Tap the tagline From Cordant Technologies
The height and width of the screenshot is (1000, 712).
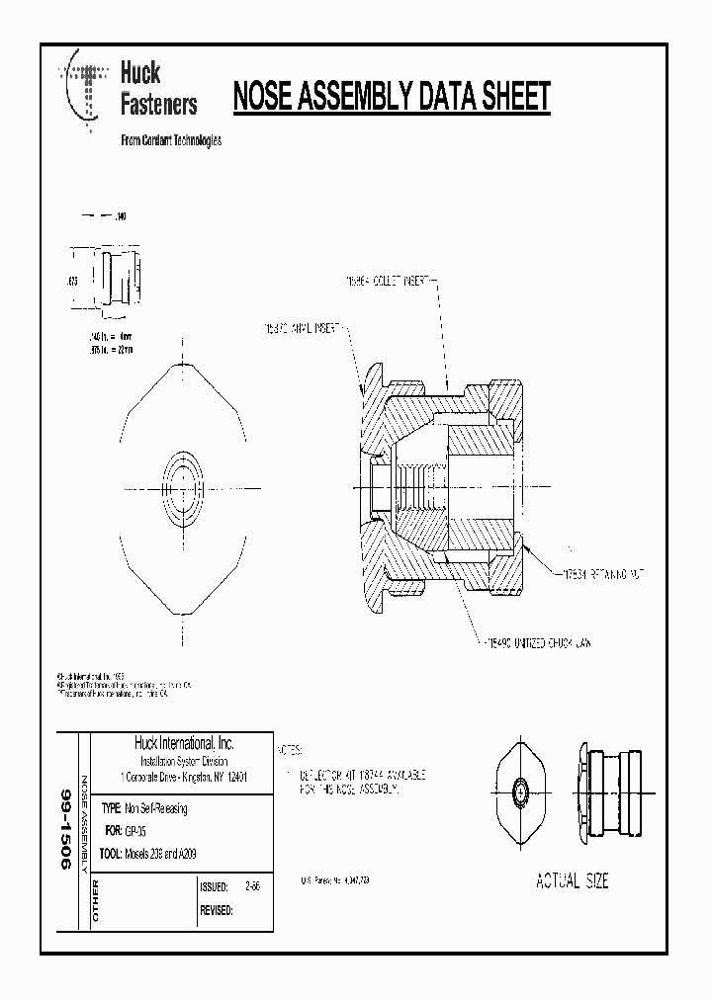click(x=170, y=140)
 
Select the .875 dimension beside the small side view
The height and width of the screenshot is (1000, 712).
click(x=71, y=282)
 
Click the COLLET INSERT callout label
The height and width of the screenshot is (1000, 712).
click(x=391, y=283)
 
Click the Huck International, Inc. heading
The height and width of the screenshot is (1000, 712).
click(x=184, y=744)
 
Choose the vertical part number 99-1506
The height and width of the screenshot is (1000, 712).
click(x=66, y=830)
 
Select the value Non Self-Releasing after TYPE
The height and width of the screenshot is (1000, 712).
click(x=155, y=808)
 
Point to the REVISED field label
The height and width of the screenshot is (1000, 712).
click(x=217, y=911)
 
